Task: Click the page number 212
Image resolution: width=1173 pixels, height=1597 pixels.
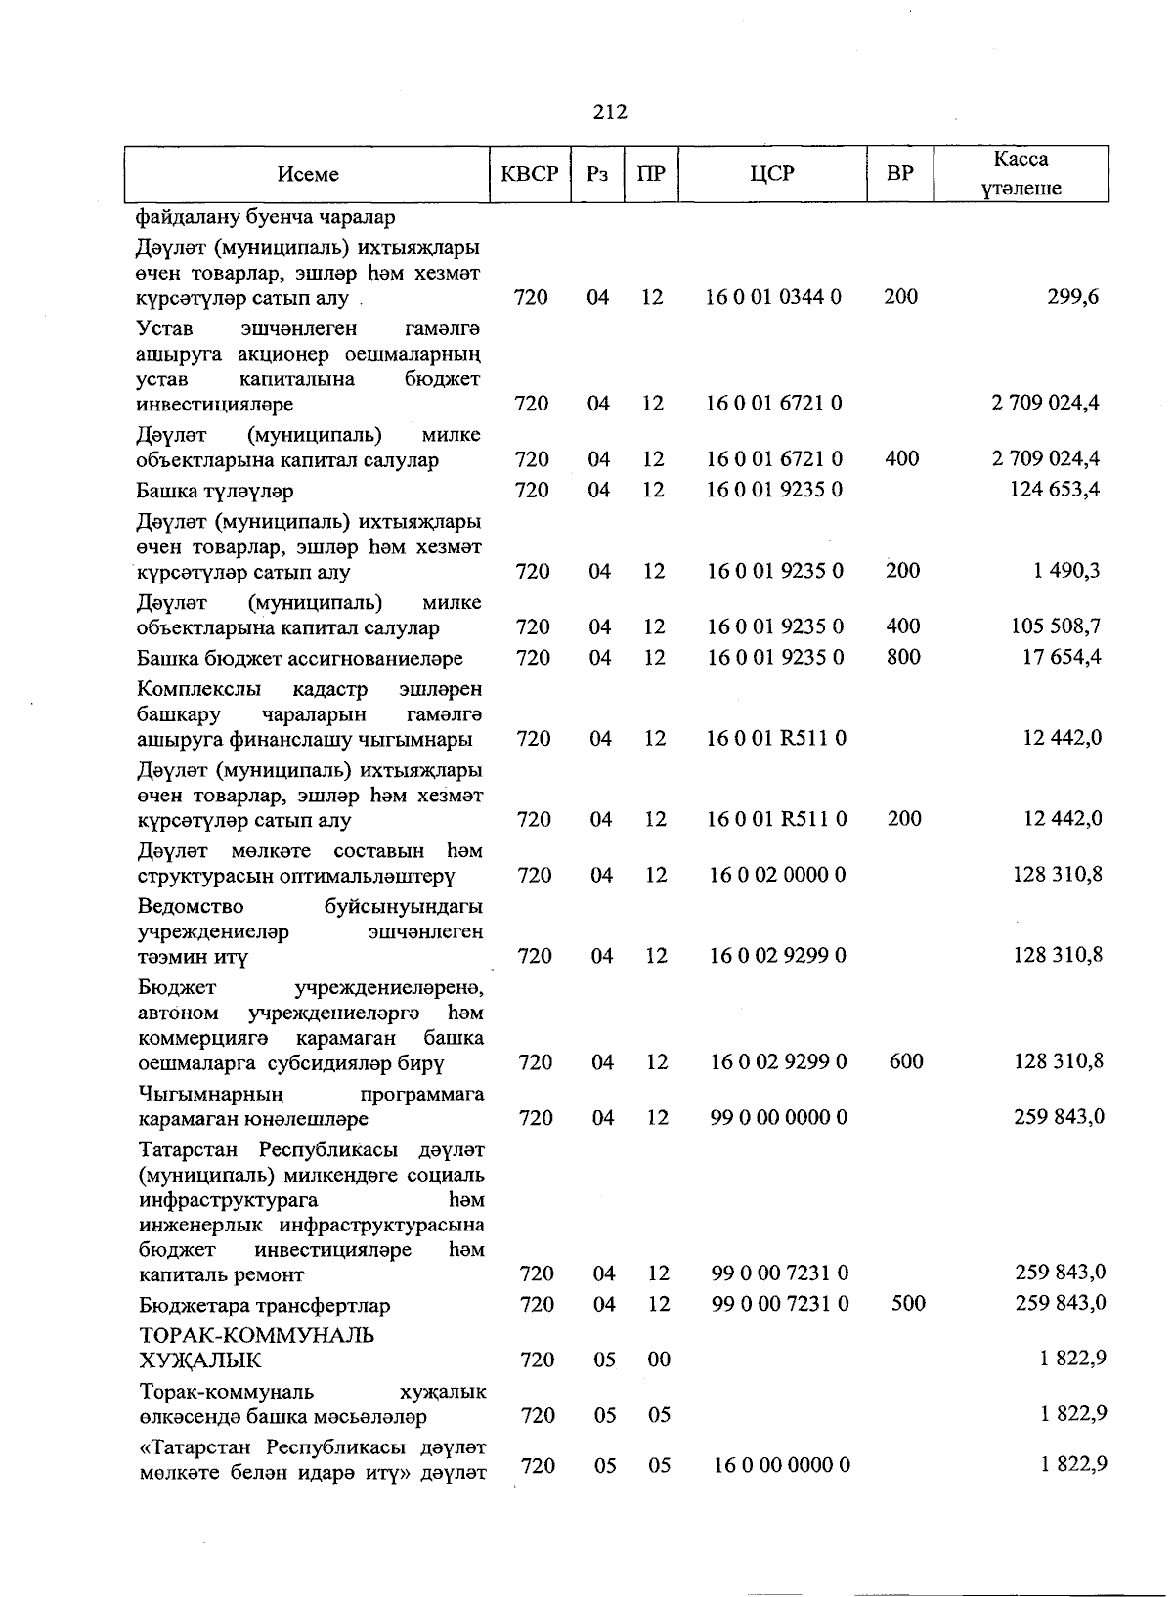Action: click(x=610, y=112)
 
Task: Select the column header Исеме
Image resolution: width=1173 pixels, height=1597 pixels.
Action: click(x=308, y=175)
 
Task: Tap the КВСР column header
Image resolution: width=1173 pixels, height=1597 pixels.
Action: click(x=530, y=175)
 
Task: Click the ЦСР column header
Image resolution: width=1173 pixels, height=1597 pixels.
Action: click(x=772, y=175)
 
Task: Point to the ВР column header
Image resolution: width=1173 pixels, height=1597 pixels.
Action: click(x=899, y=175)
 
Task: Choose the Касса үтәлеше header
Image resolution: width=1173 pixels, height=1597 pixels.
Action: click(x=1021, y=174)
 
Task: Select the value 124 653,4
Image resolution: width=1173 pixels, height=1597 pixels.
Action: click(x=1054, y=490)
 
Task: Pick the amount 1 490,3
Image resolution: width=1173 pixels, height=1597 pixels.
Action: click(x=1066, y=571)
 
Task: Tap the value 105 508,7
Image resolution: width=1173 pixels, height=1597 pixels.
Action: click(x=1056, y=626)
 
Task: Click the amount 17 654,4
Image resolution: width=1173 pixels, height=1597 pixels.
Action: click(x=1062, y=657)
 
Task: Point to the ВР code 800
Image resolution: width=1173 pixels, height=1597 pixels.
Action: click(x=903, y=657)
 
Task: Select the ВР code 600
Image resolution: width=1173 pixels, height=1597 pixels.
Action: click(x=906, y=1061)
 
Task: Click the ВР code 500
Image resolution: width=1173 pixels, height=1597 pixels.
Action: click(x=908, y=1303)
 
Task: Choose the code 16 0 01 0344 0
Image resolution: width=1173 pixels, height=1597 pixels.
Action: click(x=773, y=297)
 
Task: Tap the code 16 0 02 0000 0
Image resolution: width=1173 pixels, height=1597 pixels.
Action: click(x=777, y=875)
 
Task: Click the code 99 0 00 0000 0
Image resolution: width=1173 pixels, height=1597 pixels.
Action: click(x=779, y=1117)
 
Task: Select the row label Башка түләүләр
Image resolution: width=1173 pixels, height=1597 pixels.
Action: click(x=215, y=491)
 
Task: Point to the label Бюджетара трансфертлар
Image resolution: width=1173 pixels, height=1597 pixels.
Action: click(x=264, y=1306)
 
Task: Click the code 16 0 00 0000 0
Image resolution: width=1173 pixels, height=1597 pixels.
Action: click(x=782, y=1465)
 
